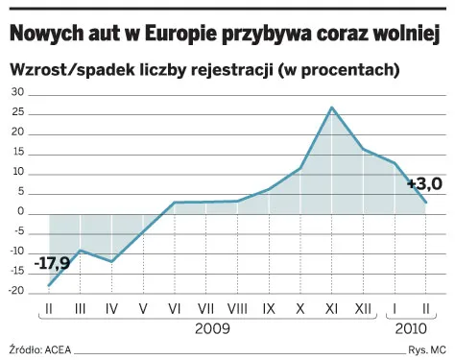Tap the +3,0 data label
click(423, 183)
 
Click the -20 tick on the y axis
click(16, 293)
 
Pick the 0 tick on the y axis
click(22, 213)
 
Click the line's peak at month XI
click(332, 108)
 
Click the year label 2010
click(410, 329)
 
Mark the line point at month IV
click(111, 261)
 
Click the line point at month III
click(81, 251)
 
